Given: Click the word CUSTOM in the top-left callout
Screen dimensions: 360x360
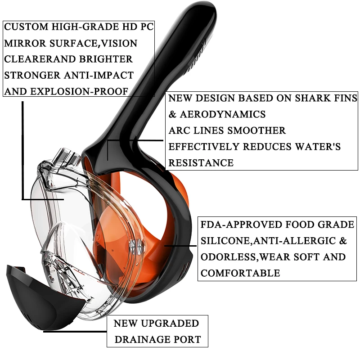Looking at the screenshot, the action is pyautogui.click(x=27, y=27).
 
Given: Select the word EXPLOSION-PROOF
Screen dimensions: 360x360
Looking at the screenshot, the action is pyautogui.click(x=79, y=91).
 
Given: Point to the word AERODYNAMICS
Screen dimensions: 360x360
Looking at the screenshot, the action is pyautogui.click(x=223, y=114).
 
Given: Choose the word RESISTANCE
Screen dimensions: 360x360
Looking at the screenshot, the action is pyautogui.click(x=201, y=163).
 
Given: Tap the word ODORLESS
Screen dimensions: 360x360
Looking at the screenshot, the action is pyautogui.click(x=228, y=257).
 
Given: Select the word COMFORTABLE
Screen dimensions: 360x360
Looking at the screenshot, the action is pyautogui.click(x=240, y=273).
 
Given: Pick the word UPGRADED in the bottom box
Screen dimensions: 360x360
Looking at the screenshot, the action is pyautogui.click(x=170, y=323).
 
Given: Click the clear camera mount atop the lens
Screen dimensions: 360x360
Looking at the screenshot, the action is pyautogui.click(x=67, y=157).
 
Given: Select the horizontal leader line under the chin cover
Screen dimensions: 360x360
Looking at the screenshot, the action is pyautogui.click(x=75, y=331).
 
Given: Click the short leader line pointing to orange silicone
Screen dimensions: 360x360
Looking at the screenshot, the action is pyautogui.click(x=180, y=246).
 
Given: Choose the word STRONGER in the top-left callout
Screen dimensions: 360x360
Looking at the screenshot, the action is pyautogui.click(x=32, y=75).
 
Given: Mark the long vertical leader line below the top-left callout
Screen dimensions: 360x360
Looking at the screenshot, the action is pyautogui.click(x=22, y=150).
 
